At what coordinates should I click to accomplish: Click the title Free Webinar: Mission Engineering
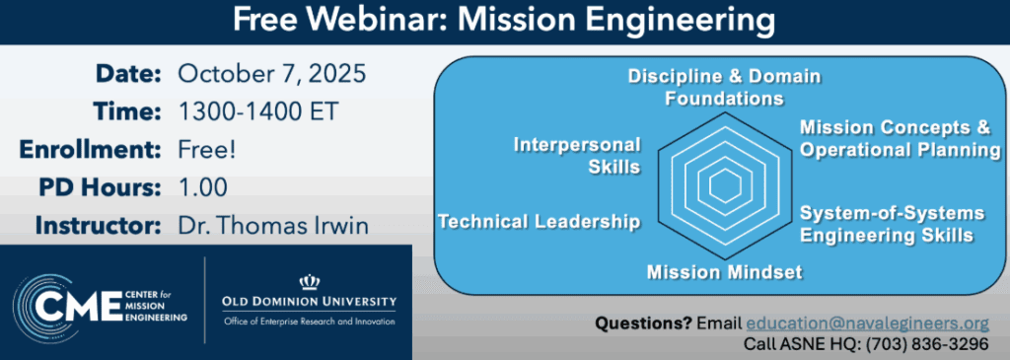tap(504, 21)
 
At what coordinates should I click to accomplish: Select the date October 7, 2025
tap(272, 74)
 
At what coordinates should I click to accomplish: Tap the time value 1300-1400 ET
tap(257, 112)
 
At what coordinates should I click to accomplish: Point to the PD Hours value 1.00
tap(203, 187)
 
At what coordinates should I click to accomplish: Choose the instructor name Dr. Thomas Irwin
tap(273, 226)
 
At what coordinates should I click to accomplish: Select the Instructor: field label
tap(98, 226)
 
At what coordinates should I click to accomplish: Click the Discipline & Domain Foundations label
tap(725, 87)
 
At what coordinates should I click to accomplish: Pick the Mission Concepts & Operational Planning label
tap(899, 138)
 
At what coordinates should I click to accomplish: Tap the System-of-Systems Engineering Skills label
tap(892, 224)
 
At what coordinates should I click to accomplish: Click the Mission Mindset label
tap(724, 272)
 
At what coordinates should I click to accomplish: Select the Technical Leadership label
tap(540, 222)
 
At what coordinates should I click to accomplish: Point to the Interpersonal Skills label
tap(576, 155)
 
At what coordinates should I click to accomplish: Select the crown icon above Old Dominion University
tap(309, 282)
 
